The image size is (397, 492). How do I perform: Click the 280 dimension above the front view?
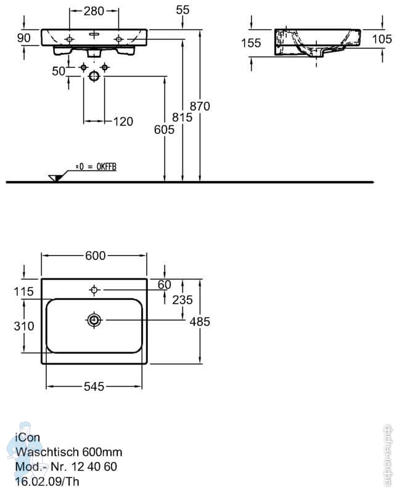tap(94, 11)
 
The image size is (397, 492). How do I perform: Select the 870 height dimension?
tap(200, 107)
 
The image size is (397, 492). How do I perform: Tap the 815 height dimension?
tap(183, 117)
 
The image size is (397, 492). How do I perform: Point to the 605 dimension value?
tap(165, 129)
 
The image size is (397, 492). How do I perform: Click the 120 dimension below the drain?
tap(123, 121)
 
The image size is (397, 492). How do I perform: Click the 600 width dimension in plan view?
tap(95, 256)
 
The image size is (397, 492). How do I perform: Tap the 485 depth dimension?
tap(200, 321)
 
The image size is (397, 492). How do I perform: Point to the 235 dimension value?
tap(183, 300)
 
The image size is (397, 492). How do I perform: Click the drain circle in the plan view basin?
tap(94, 320)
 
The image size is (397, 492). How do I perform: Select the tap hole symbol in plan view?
tap(94, 289)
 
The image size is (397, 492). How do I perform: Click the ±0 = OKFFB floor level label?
tap(96, 167)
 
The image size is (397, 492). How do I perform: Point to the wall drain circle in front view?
tap(94, 76)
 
